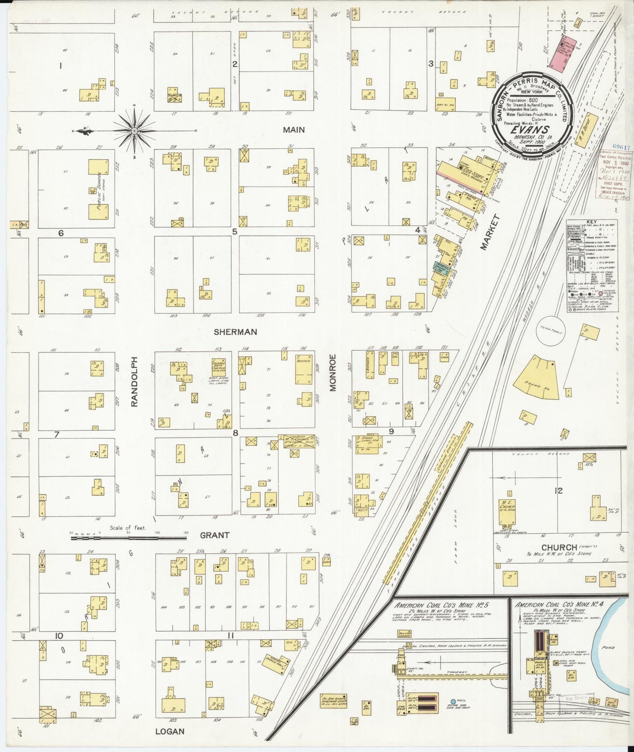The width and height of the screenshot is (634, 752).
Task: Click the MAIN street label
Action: (294, 130)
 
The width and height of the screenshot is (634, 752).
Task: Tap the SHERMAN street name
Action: (235, 332)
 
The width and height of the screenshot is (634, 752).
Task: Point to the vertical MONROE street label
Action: (333, 372)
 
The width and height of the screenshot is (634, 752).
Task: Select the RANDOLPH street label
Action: (135, 381)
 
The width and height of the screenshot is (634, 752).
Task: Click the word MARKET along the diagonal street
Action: (490, 232)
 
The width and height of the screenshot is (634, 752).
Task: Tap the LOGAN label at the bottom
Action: (169, 731)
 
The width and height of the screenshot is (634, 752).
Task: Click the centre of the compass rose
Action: (134, 131)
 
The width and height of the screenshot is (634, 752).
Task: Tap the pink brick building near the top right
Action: (560, 54)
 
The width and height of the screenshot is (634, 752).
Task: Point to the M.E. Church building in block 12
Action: (506, 512)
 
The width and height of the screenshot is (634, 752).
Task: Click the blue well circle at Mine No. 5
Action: (453, 702)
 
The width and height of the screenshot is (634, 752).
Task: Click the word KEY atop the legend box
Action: (592, 222)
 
